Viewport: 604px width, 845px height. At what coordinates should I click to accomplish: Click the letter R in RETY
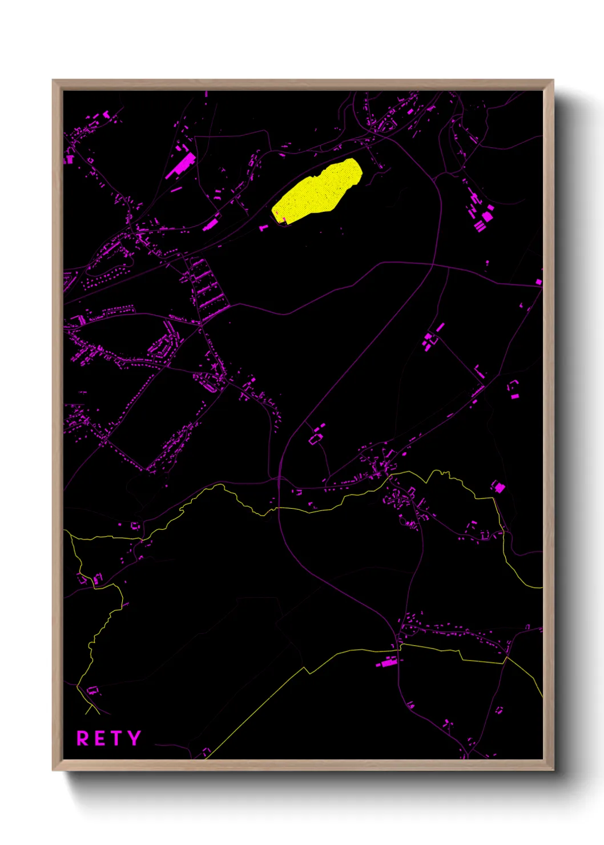[x=83, y=738]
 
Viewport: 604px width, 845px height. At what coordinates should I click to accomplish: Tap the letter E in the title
[x=99, y=738]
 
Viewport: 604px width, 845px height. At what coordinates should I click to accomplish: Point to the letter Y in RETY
[x=134, y=738]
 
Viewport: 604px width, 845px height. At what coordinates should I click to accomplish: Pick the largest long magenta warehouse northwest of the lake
[x=182, y=164]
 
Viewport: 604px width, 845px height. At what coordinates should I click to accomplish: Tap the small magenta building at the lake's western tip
[x=264, y=227]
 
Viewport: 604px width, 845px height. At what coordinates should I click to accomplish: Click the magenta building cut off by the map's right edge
[x=538, y=282]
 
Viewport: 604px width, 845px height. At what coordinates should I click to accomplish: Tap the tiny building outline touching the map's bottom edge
[x=206, y=752]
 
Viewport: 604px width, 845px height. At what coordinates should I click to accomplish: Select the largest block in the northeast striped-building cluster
[x=487, y=217]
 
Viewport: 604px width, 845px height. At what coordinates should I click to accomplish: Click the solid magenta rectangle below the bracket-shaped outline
[x=515, y=395]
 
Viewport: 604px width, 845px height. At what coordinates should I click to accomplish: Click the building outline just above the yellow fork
[x=92, y=691]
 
